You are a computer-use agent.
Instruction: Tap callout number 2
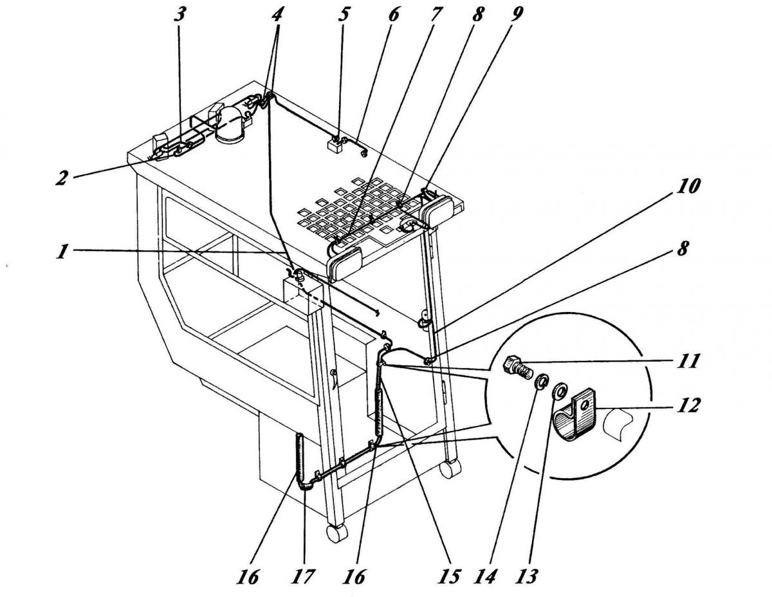click(x=62, y=178)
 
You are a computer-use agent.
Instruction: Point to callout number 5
click(x=345, y=14)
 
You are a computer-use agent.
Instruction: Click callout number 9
click(x=517, y=14)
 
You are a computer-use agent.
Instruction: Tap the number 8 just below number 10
click(x=681, y=250)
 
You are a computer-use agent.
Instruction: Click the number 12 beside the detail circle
click(x=688, y=405)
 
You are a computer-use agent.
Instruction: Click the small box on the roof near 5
click(x=335, y=145)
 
